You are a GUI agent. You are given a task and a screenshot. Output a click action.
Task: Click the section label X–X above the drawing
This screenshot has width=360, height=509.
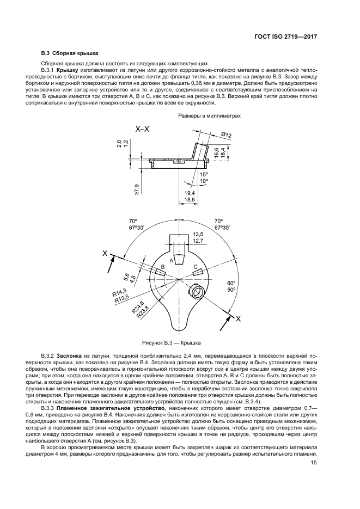click(143, 129)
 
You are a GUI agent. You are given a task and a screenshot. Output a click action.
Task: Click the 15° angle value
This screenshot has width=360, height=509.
click(203, 174)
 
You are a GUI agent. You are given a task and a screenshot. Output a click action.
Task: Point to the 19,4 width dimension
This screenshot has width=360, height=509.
click(190, 193)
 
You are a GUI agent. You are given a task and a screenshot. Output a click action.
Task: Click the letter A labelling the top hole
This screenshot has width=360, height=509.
click(172, 261)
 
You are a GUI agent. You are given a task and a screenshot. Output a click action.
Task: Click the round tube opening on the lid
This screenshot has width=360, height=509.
click(200, 290)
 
